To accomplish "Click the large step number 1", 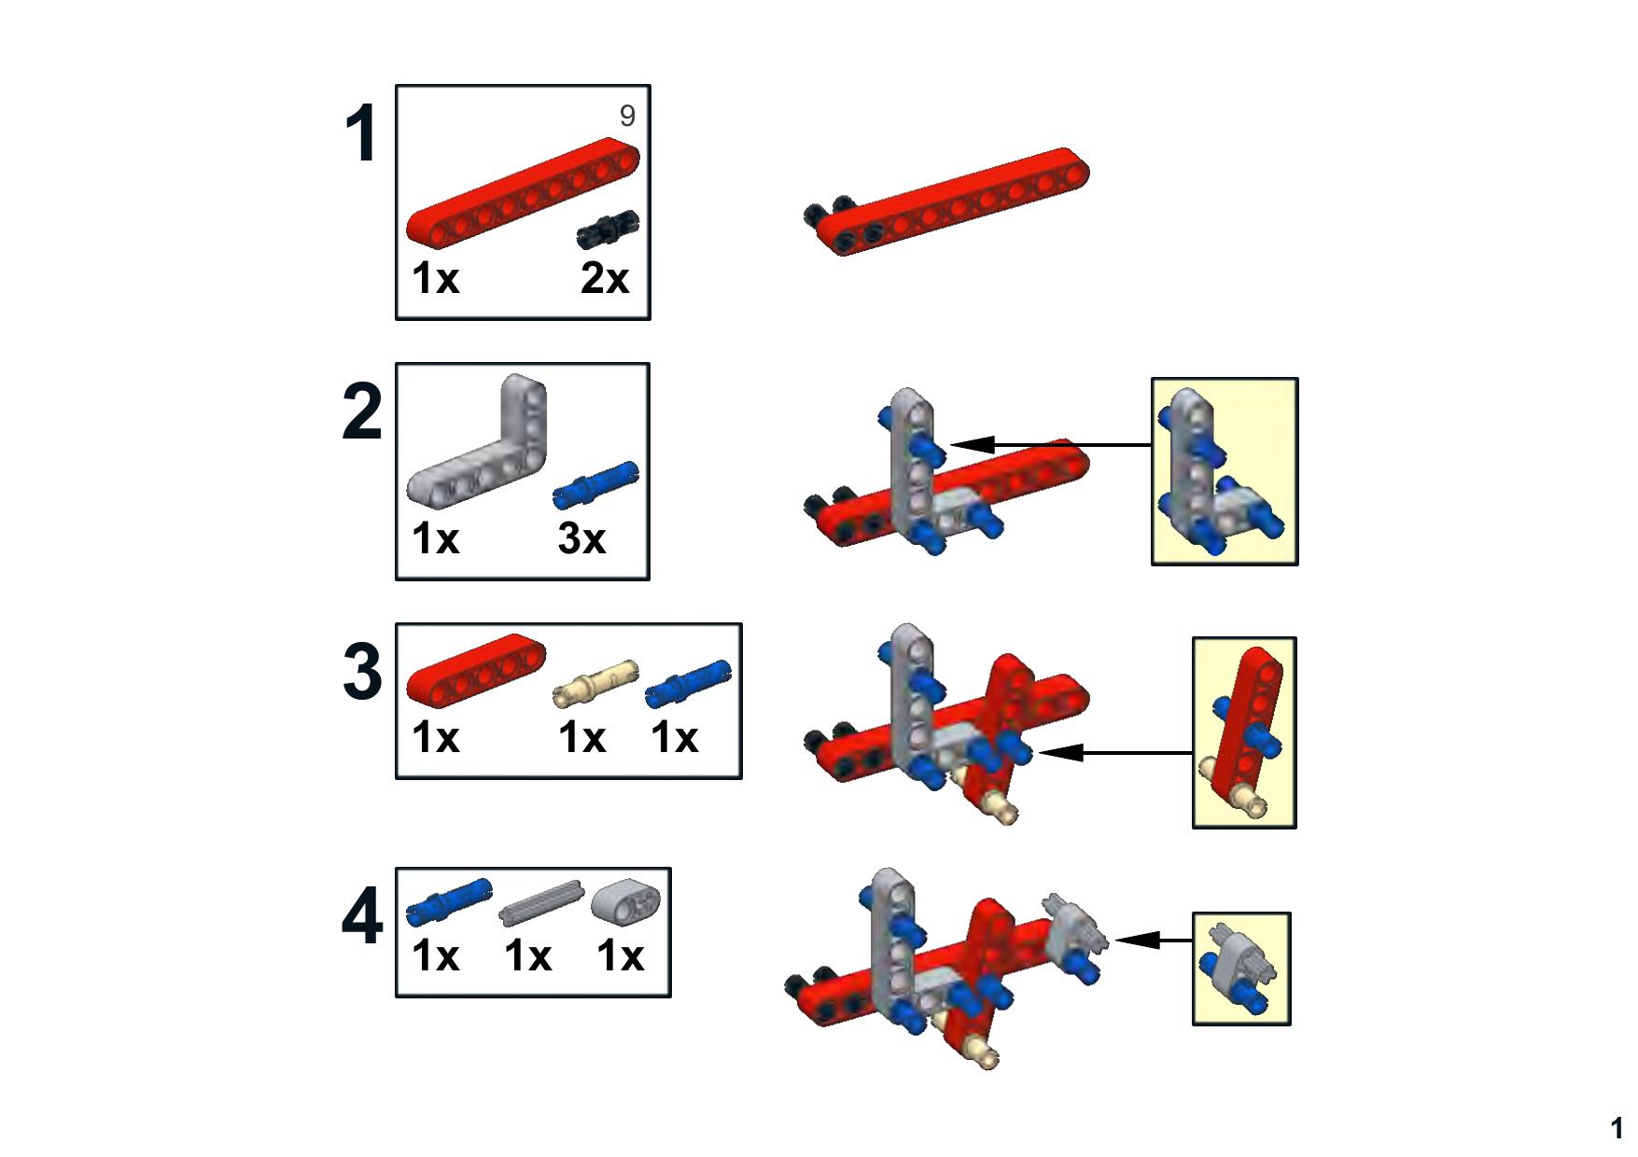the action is (361, 134).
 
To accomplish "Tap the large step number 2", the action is (362, 411).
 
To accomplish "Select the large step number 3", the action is (362, 672).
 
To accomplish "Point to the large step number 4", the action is (362, 918).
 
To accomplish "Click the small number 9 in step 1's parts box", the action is (627, 116).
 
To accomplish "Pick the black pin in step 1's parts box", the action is (608, 229).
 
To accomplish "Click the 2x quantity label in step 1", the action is (605, 278).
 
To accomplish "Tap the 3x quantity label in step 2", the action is (581, 538).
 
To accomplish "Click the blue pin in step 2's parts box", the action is (595, 485).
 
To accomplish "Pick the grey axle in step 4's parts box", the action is (540, 902).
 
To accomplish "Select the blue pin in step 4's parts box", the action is (449, 902).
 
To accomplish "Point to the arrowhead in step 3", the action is (1060, 752).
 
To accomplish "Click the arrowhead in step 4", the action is (1138, 940).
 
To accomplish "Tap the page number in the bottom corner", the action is (1617, 1128).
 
